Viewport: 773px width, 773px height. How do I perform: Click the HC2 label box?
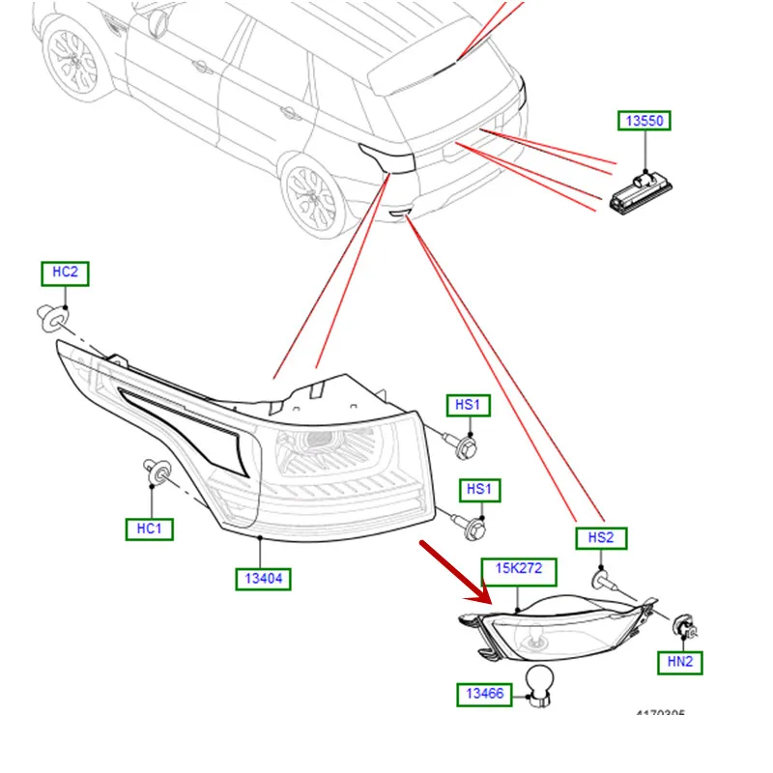tap(64, 272)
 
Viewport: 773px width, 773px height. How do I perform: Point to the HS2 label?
tap(601, 538)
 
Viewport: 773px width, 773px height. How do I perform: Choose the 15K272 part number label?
tap(520, 570)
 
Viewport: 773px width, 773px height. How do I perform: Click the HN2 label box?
tap(680, 662)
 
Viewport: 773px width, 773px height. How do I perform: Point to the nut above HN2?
tap(683, 625)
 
